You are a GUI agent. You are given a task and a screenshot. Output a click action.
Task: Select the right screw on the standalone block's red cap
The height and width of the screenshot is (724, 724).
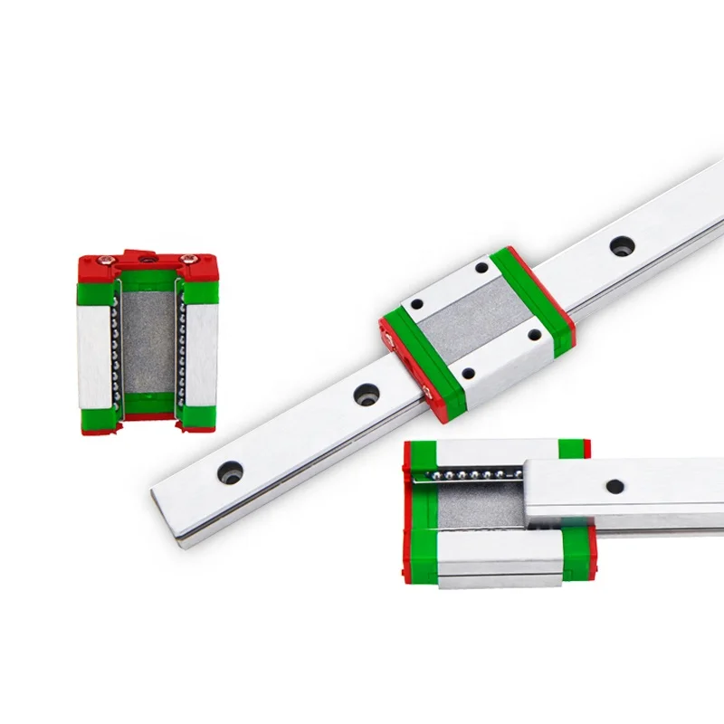point(187,261)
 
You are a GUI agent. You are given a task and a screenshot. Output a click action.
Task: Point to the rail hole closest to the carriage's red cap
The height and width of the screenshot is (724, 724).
point(365,394)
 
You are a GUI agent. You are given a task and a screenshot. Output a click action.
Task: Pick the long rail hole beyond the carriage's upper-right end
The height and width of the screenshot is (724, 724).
point(620,245)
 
